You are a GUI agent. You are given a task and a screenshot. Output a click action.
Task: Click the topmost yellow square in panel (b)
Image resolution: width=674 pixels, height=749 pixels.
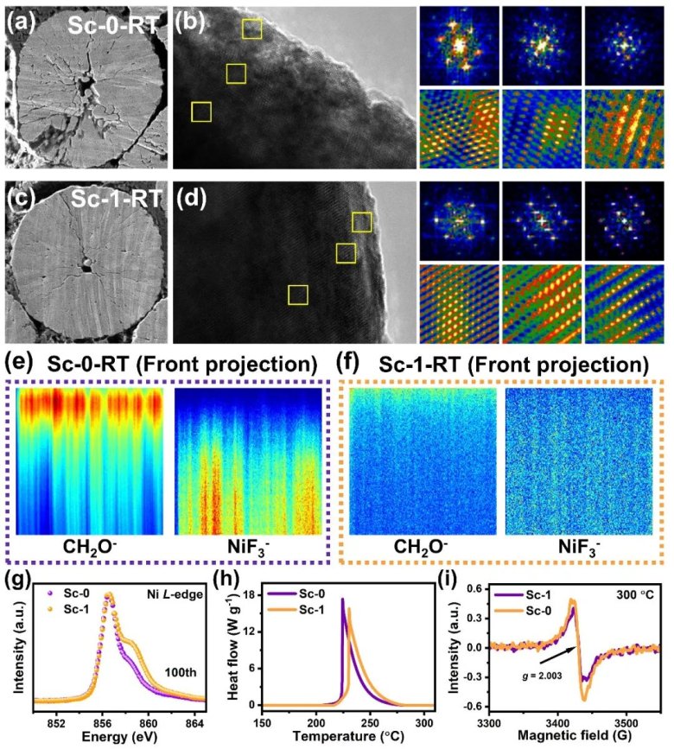251,29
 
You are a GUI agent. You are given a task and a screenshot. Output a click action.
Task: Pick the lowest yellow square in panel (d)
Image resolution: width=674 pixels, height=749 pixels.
298,295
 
